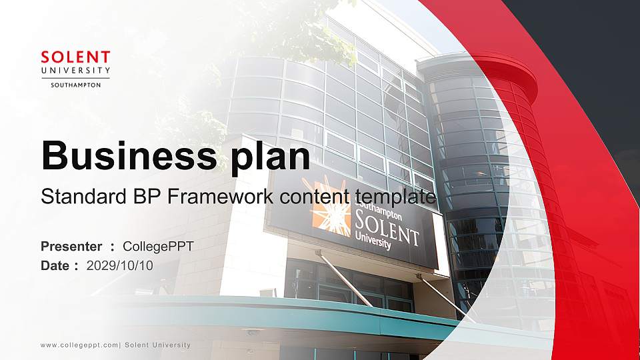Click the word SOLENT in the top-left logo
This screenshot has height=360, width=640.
[75, 57]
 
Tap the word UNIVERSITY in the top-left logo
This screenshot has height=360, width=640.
[75, 71]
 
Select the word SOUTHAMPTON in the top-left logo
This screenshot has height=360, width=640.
[75, 85]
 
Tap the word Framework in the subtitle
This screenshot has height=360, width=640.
[217, 197]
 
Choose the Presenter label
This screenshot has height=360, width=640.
[71, 247]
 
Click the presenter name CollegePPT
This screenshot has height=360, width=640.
[158, 247]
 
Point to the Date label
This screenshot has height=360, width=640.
[55, 265]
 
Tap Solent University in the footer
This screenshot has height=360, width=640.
[158, 345]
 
